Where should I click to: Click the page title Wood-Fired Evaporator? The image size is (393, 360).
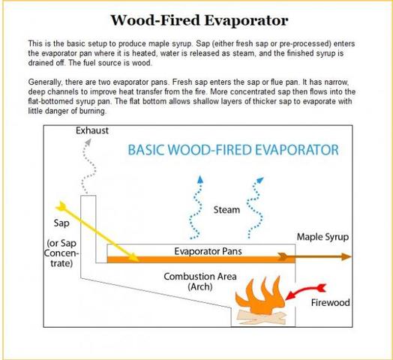click(x=199, y=20)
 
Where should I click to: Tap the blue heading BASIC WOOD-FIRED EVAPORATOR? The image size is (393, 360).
click(x=233, y=150)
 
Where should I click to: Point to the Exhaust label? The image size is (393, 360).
click(x=92, y=130)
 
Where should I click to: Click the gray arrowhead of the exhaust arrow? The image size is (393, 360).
click(x=88, y=142)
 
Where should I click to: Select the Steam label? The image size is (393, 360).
click(x=226, y=210)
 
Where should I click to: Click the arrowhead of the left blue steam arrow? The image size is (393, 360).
click(x=200, y=179)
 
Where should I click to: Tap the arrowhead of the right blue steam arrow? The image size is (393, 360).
click(x=260, y=180)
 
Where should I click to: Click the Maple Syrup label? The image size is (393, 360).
click(x=322, y=237)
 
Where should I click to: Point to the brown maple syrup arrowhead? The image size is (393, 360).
click(x=346, y=256)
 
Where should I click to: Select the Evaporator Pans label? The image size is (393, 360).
click(x=208, y=251)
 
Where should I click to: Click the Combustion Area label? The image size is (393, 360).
click(x=200, y=277)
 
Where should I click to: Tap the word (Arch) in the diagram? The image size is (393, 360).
click(x=200, y=286)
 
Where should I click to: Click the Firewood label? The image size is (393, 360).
click(x=330, y=302)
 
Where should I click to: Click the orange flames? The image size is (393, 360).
click(x=260, y=295)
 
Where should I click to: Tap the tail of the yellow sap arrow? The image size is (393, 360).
click(x=61, y=206)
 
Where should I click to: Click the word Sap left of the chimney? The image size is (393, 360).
click(x=61, y=223)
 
